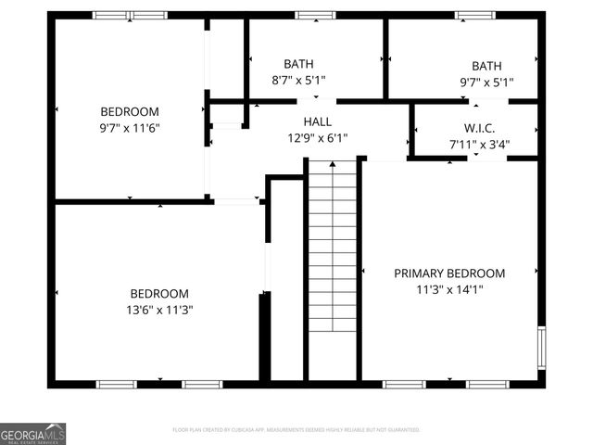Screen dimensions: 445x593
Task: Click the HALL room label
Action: tap(317, 121)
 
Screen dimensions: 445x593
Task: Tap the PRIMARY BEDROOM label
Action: tap(449, 273)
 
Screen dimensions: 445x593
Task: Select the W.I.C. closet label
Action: tap(479, 128)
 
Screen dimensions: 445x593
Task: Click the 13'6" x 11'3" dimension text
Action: tap(158, 310)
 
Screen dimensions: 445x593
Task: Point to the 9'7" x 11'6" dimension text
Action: tap(130, 127)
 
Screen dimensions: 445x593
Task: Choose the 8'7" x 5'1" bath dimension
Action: tap(298, 81)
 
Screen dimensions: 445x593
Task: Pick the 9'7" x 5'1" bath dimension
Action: tap(486, 82)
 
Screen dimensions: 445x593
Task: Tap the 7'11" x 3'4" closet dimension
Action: tap(479, 145)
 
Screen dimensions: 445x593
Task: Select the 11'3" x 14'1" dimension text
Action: tap(449, 289)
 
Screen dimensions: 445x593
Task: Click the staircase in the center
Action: tap(333, 269)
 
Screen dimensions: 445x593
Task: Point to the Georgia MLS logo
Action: tap(32, 434)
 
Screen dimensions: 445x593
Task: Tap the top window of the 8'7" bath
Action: tap(315, 15)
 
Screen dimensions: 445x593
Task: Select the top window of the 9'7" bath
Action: tap(474, 15)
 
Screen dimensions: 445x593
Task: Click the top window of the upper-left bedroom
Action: tap(130, 15)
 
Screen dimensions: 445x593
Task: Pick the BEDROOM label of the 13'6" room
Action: tap(158, 293)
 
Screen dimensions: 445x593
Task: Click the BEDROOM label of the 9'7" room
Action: tap(130, 111)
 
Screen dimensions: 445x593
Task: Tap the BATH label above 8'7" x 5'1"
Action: tap(298, 64)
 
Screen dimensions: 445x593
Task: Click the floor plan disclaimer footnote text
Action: tap(296, 430)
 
